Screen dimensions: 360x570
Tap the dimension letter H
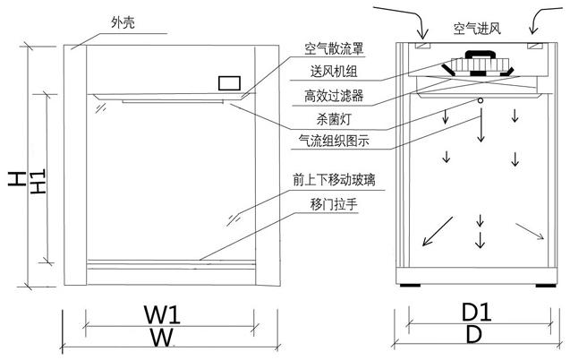click(16, 178)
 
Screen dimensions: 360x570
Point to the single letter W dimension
click(160, 338)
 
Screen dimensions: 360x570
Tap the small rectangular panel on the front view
click(230, 83)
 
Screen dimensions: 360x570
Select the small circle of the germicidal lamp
click(481, 99)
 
